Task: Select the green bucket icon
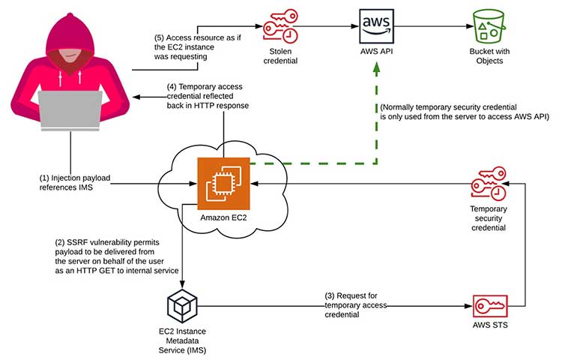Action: tap(487, 26)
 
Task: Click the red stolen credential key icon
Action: tap(279, 27)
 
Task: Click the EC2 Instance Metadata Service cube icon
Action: tap(183, 305)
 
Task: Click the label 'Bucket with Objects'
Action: tap(488, 57)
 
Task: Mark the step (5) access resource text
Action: tap(196, 44)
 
